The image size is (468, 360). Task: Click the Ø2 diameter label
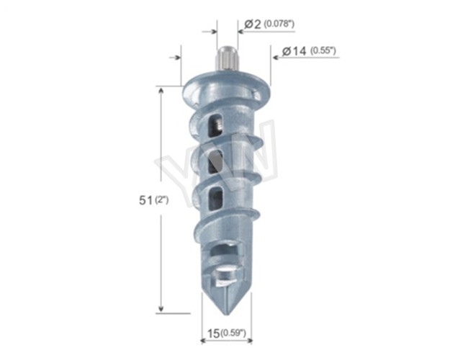click(x=252, y=24)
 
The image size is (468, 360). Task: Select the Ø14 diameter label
click(x=295, y=51)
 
